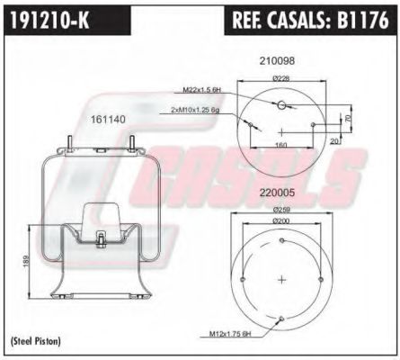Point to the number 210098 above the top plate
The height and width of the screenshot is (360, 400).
click(278, 61)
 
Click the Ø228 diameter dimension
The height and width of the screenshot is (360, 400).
click(283, 77)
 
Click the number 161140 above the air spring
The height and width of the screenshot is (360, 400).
click(105, 118)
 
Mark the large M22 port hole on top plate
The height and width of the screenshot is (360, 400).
click(282, 106)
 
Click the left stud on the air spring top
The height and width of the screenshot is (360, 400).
click(70, 142)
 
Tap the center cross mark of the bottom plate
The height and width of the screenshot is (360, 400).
click(282, 278)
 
